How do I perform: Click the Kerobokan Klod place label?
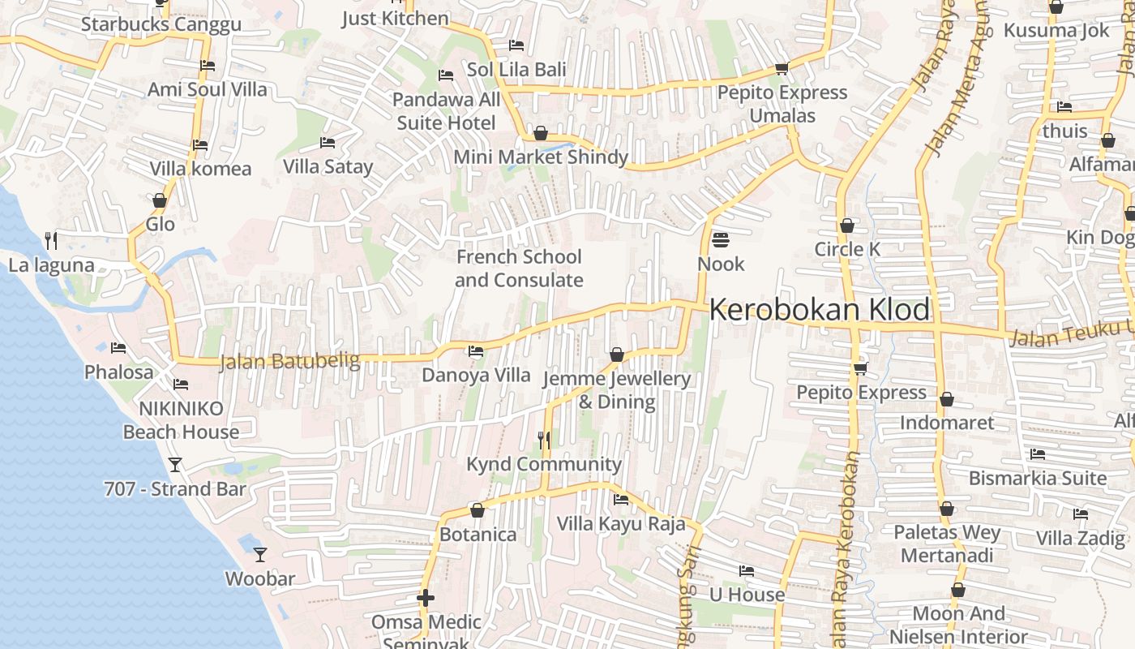(820, 310)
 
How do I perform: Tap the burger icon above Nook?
(720, 240)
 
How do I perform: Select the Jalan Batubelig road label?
(289, 360)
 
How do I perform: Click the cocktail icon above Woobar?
(259, 555)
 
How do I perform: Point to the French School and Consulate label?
(519, 269)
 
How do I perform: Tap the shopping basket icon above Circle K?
(847, 226)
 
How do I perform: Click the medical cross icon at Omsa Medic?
(426, 599)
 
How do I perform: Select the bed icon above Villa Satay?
(328, 143)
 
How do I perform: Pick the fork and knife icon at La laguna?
(51, 240)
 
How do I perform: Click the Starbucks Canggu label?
(161, 24)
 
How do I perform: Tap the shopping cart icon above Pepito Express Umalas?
(782, 68)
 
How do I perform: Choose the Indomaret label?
(946, 423)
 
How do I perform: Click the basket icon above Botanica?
(478, 510)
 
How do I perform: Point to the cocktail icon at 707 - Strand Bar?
(174, 465)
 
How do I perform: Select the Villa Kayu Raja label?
(621, 524)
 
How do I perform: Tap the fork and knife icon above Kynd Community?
(544, 441)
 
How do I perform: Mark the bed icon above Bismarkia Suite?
(1037, 454)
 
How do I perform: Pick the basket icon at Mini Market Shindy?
(541, 133)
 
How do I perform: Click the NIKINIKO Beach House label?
(181, 420)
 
